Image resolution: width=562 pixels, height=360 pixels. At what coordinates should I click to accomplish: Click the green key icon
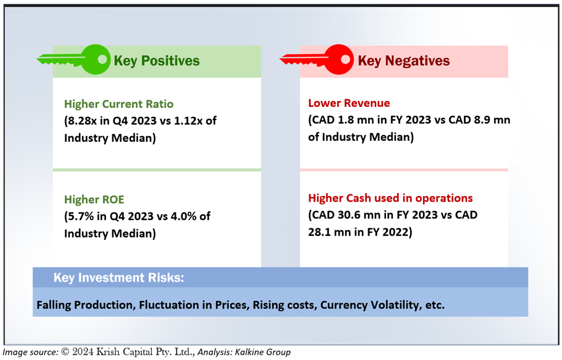click(x=74, y=60)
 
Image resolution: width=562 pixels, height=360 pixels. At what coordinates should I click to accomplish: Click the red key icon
click(x=317, y=60)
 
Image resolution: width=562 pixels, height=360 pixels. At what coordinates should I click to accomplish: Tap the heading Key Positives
click(x=156, y=61)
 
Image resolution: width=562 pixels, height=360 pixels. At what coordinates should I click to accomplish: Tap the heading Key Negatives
click(x=403, y=61)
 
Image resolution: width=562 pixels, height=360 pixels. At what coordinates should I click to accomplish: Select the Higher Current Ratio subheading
click(x=119, y=104)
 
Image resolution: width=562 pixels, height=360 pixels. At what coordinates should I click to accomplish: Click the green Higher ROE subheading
click(x=94, y=200)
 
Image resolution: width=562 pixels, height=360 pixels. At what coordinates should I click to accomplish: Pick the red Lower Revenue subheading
click(x=349, y=103)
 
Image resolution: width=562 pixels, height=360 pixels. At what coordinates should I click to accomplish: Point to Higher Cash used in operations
click(x=390, y=198)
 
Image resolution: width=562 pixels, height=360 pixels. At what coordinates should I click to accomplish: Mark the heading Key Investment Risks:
click(x=119, y=278)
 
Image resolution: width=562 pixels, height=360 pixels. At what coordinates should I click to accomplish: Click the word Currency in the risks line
click(x=344, y=305)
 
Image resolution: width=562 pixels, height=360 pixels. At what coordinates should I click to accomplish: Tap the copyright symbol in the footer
click(x=65, y=352)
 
